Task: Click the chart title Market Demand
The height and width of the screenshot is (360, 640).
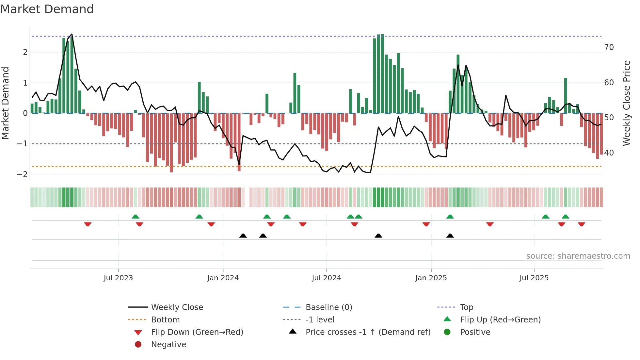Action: [x=47, y=9]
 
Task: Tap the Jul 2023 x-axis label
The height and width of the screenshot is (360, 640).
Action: [x=118, y=278]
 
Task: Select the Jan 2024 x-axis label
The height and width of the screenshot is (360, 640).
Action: [x=223, y=278]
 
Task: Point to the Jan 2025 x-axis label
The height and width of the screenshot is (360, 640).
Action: [x=431, y=278]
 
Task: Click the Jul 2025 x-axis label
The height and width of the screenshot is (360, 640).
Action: [x=534, y=278]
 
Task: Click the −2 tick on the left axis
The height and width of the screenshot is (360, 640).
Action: [x=22, y=174]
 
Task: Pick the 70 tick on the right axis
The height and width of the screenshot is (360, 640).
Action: [x=609, y=47]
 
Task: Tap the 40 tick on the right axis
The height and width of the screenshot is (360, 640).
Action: [x=609, y=153]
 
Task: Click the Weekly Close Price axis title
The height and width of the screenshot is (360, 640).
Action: [x=626, y=103]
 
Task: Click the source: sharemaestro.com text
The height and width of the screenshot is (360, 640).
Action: [x=578, y=256]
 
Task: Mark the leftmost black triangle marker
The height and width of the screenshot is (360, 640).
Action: [x=243, y=236]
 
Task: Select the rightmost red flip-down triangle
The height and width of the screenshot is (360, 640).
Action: [x=581, y=224]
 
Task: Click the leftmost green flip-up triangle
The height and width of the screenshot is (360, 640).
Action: [x=136, y=217]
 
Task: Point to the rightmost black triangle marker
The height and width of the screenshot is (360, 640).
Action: [x=450, y=236]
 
